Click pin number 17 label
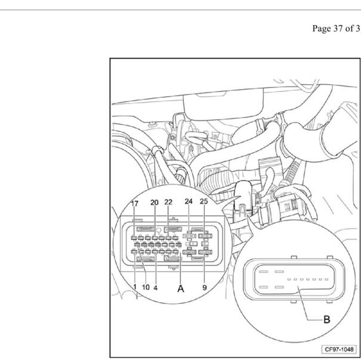135,204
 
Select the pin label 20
155,202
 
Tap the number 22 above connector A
168,202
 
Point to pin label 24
189,201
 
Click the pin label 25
203,201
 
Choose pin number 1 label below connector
135,287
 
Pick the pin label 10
146,287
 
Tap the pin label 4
156,288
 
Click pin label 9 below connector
205,287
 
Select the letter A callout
181,288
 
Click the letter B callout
327,319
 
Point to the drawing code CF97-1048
339,349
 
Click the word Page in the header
322,29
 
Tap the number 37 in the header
338,28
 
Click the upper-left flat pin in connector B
264,272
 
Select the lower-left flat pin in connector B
264,287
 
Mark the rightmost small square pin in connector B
326,279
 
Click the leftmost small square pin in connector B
289,279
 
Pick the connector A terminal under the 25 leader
205,236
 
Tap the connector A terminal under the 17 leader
134,238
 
